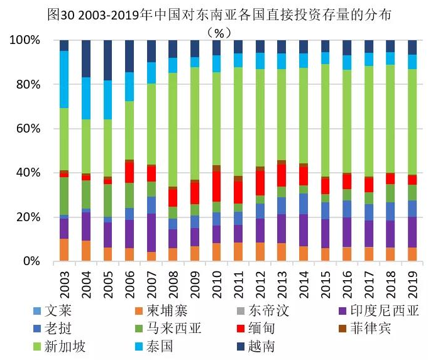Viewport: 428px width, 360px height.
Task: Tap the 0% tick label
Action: coord(31,261)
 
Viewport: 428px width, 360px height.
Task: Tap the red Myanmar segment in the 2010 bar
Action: coord(216,186)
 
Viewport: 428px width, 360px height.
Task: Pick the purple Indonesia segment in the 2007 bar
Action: coord(151,232)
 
